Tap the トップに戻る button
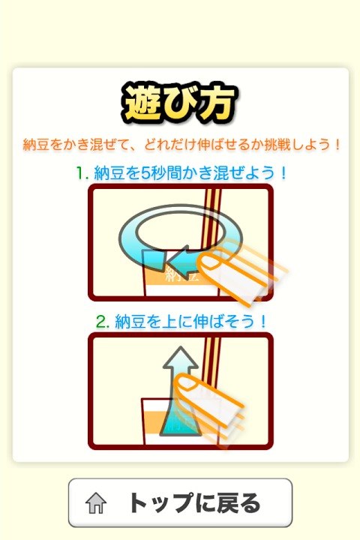(x=180, y=502)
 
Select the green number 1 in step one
(x=80, y=172)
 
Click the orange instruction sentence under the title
(x=180, y=143)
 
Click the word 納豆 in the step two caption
(x=130, y=321)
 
